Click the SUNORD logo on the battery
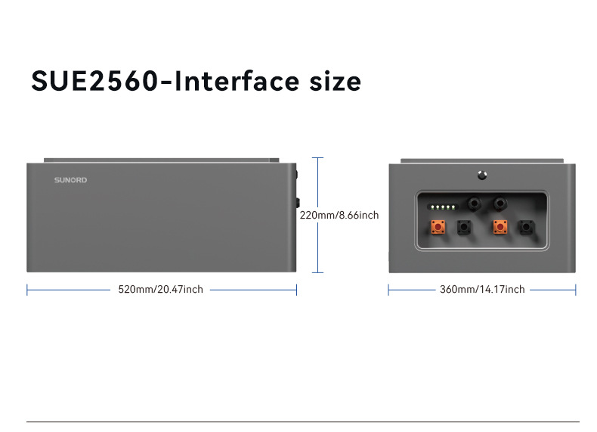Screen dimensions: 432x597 tap(70, 181)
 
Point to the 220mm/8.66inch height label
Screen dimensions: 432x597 tap(339, 216)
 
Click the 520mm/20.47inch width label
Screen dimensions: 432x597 tap(160, 290)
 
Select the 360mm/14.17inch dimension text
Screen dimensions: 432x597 tap(482, 290)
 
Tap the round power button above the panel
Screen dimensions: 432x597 tap(482, 176)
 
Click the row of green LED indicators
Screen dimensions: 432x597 tap(442, 206)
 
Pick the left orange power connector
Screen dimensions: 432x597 tap(438, 227)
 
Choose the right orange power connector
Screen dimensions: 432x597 tap(499, 227)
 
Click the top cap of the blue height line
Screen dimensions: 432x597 tap(317, 158)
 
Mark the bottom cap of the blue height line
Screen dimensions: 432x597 tap(317, 272)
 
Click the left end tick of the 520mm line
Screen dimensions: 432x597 tap(27, 290)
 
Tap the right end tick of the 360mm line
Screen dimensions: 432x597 tap(576, 290)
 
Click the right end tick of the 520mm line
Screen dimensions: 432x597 tap(296, 290)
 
